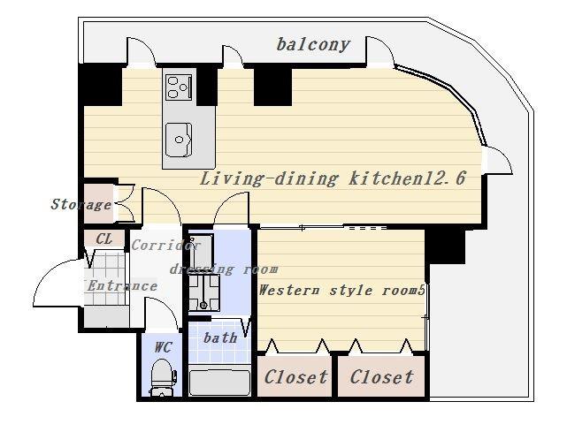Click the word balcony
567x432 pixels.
point(313,45)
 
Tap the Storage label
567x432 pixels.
point(81,205)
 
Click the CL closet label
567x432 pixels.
point(104,239)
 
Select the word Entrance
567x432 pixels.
point(122,286)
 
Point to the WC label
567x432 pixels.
point(163,347)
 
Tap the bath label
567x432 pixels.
point(220,337)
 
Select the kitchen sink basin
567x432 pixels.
point(179,139)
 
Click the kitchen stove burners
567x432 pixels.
point(179,87)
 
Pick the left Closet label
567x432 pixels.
point(295,377)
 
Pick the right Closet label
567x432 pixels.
point(381,377)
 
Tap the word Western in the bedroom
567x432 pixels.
point(289,290)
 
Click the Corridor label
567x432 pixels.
point(165,246)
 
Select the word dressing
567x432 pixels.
point(202,269)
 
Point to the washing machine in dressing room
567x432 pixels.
point(204,292)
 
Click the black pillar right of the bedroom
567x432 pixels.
point(445,246)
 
